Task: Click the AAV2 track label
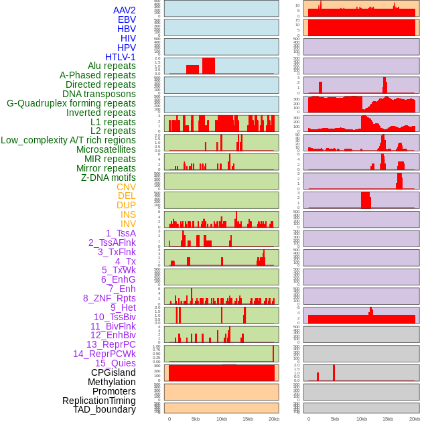coord(125,10)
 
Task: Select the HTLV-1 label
coord(121,57)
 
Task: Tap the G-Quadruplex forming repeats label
coord(71,103)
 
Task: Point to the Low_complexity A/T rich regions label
coord(68,140)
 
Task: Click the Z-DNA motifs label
coord(109,178)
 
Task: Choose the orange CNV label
coord(126,187)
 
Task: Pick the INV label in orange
coord(128,224)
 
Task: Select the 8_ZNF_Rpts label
coord(109,298)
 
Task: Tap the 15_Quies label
coord(115,363)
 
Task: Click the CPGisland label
coord(113,372)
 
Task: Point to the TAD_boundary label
coord(104,409)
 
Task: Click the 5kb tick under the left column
coord(196,419)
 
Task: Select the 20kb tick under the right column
coord(415,419)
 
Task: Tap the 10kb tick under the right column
coord(362,419)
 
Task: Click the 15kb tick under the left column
coord(248,419)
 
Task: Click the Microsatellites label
coord(106,149)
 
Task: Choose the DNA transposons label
coord(99,94)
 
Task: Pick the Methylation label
coord(112,382)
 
